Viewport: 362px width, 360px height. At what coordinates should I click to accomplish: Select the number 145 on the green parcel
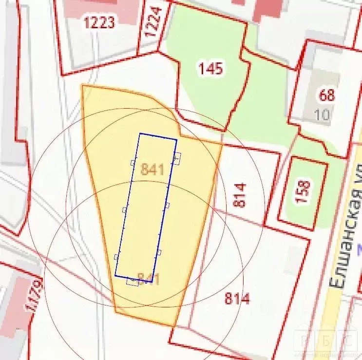pyautogui.click(x=210, y=69)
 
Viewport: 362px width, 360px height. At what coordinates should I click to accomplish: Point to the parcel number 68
pyautogui.click(x=327, y=95)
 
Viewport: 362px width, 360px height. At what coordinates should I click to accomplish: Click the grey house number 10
pyautogui.click(x=322, y=115)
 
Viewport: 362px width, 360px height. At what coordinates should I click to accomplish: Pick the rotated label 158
pyautogui.click(x=303, y=192)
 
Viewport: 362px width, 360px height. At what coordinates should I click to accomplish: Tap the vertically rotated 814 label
pyautogui.click(x=240, y=195)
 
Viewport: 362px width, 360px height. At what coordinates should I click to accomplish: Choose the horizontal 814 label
pyautogui.click(x=237, y=298)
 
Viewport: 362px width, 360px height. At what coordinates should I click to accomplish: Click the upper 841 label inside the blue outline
pyautogui.click(x=152, y=169)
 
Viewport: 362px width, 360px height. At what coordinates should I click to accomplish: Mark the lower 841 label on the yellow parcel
pyautogui.click(x=149, y=279)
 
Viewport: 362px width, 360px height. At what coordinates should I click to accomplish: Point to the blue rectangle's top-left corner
pyautogui.click(x=140, y=133)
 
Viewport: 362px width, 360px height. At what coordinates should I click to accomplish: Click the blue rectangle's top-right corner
pyautogui.click(x=176, y=139)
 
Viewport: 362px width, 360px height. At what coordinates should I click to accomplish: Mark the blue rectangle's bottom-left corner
pyautogui.click(x=115, y=276)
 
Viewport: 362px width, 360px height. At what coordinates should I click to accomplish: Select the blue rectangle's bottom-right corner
pyautogui.click(x=152, y=282)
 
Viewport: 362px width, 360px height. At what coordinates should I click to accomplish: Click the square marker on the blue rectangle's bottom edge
pyautogui.click(x=132, y=281)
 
